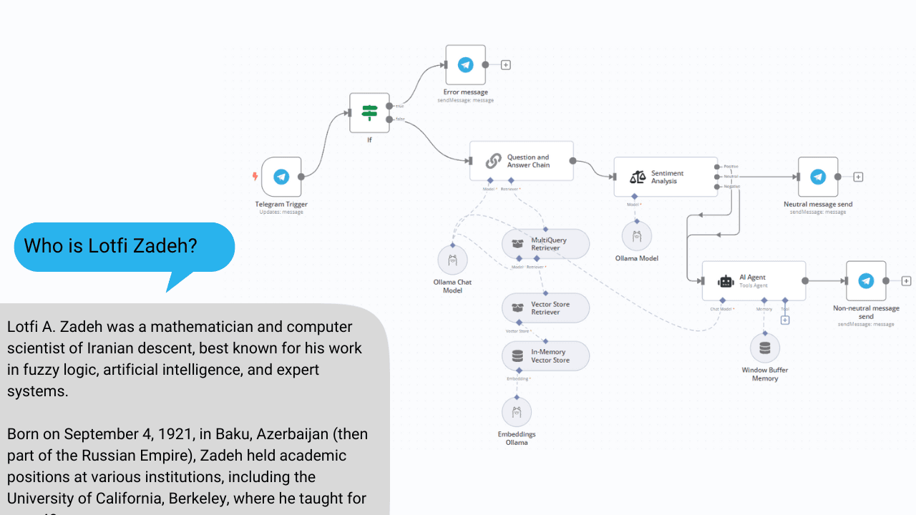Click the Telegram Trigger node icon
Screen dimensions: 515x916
pos(281,177)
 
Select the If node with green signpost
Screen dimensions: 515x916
pos(369,112)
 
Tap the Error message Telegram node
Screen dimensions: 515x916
pos(465,65)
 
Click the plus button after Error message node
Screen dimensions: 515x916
pos(506,65)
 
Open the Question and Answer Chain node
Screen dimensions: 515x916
pos(521,161)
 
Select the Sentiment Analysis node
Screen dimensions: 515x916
pos(666,177)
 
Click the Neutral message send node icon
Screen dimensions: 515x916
pos(817,177)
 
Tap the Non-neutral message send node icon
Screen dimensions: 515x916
pos(866,281)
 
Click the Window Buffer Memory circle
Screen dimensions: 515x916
pos(765,348)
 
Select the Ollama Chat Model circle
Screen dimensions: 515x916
pos(452,260)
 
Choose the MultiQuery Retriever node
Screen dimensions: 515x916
pos(545,244)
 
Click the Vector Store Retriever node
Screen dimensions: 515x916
pos(545,308)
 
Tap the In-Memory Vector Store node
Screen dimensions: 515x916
pos(545,356)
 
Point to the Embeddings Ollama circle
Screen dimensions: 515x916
pos(517,412)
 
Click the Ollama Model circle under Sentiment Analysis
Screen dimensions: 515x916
pos(637,236)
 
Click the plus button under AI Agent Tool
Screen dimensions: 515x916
pos(785,320)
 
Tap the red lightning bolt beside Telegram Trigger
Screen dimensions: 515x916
pos(254,176)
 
